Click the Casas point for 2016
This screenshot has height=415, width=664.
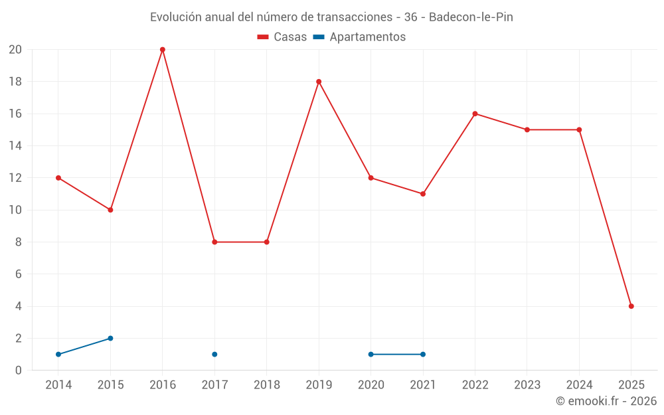(163, 50)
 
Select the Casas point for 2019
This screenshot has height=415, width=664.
(319, 82)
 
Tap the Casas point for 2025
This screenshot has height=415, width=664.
(631, 306)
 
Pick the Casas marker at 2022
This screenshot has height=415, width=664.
(475, 114)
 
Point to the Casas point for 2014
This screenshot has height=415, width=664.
(58, 178)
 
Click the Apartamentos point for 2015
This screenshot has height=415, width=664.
(110, 338)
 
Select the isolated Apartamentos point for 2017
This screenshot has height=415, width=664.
(214, 355)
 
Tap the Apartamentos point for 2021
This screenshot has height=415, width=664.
(423, 355)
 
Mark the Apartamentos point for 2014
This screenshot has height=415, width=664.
(58, 355)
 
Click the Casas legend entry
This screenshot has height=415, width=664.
(282, 37)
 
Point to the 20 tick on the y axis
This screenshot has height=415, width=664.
(15, 50)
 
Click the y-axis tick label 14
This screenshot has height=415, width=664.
(15, 146)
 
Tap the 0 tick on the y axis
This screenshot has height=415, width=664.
(19, 371)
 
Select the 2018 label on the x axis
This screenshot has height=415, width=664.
(267, 385)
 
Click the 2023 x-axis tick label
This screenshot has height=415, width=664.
(527, 385)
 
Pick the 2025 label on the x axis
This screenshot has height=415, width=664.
(631, 385)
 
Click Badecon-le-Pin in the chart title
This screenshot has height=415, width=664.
(471, 17)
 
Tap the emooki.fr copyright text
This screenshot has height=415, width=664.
(606, 401)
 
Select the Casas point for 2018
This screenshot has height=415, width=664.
(267, 242)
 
